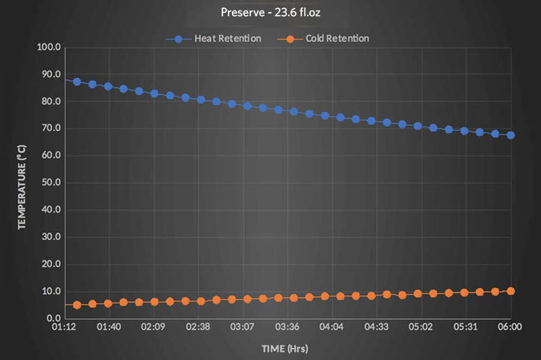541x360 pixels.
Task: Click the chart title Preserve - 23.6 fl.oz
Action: pyautogui.click(x=270, y=12)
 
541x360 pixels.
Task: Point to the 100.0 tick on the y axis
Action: pyautogui.click(x=49, y=47)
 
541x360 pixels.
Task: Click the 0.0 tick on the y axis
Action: pyautogui.click(x=53, y=318)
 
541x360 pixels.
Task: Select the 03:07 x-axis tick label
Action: pyautogui.click(x=243, y=327)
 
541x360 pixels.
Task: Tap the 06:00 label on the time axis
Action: pyautogui.click(x=510, y=327)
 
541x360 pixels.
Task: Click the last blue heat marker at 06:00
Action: pyautogui.click(x=511, y=135)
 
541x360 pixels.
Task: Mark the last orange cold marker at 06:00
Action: pyautogui.click(x=511, y=291)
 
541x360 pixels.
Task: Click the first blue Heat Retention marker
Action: pyautogui.click(x=77, y=82)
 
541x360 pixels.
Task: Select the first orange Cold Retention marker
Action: pyautogui.click(x=77, y=305)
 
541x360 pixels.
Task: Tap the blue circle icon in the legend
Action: pyautogui.click(x=179, y=39)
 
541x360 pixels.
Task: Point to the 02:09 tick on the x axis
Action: pyautogui.click(x=154, y=327)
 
